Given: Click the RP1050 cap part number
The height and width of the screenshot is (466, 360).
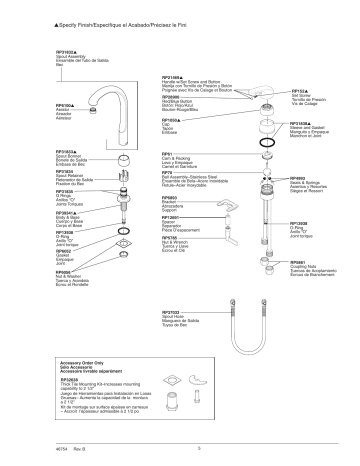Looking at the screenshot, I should [x=173, y=119].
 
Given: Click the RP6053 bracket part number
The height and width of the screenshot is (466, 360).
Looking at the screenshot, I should [x=172, y=198].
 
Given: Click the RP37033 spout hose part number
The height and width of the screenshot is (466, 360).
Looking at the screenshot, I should [x=175, y=312].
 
